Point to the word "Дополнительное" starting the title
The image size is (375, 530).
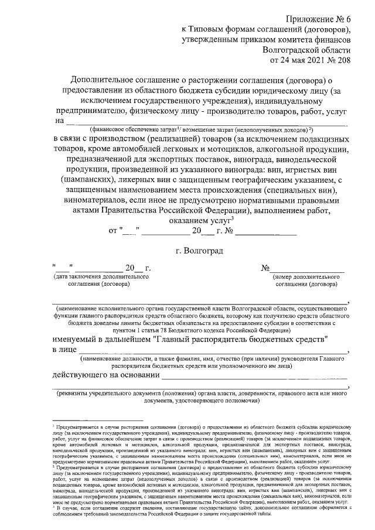tap(100, 80)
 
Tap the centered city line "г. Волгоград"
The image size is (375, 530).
tap(199, 251)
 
